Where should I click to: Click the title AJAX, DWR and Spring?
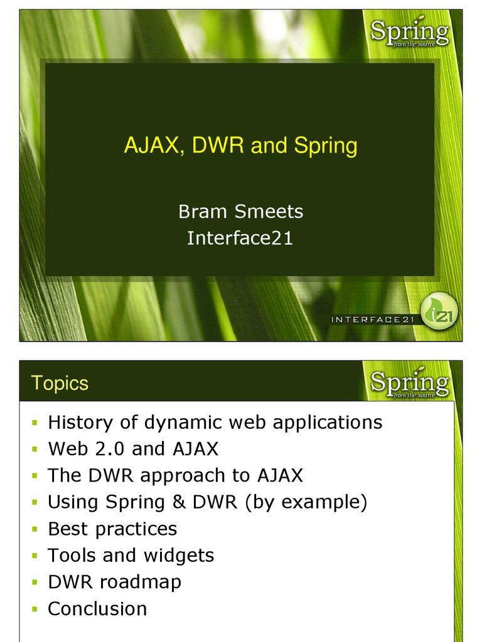pyautogui.click(x=240, y=146)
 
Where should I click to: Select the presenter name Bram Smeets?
pyautogui.click(x=240, y=212)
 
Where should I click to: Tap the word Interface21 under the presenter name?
pyautogui.click(x=240, y=238)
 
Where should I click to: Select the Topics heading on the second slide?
pyautogui.click(x=60, y=383)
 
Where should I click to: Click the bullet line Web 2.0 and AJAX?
pyautogui.click(x=133, y=449)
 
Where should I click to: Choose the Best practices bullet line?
pyautogui.click(x=112, y=529)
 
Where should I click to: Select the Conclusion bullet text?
pyautogui.click(x=97, y=609)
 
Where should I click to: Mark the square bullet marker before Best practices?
pyautogui.click(x=35, y=530)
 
